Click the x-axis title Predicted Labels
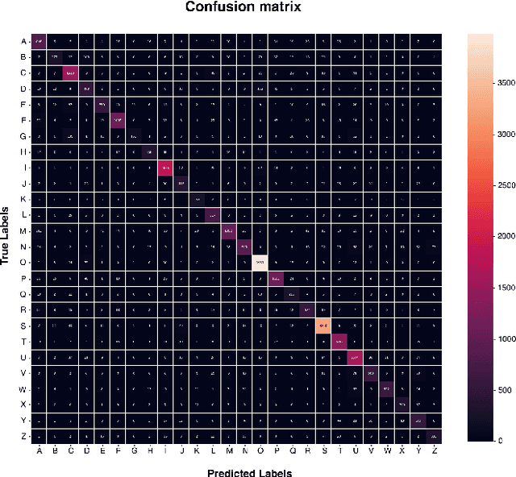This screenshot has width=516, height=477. click(x=250, y=472)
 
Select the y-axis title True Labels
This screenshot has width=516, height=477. click(x=7, y=237)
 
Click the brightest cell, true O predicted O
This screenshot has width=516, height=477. click(x=260, y=261)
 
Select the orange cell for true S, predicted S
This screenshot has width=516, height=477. click(x=322, y=325)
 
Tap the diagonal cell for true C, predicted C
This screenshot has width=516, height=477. click(x=70, y=73)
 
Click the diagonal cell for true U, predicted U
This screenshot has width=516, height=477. click(x=354, y=357)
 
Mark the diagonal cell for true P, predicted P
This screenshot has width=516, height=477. click(x=276, y=278)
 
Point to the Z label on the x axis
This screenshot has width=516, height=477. click(x=434, y=450)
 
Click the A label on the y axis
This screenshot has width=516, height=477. click(x=23, y=40)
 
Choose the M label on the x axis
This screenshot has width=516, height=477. click(x=228, y=450)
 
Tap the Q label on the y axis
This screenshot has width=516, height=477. click(x=23, y=293)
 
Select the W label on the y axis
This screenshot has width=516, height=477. click(x=23, y=388)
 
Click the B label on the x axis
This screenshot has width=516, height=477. click(x=55, y=450)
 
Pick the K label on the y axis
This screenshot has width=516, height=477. click(x=23, y=198)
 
